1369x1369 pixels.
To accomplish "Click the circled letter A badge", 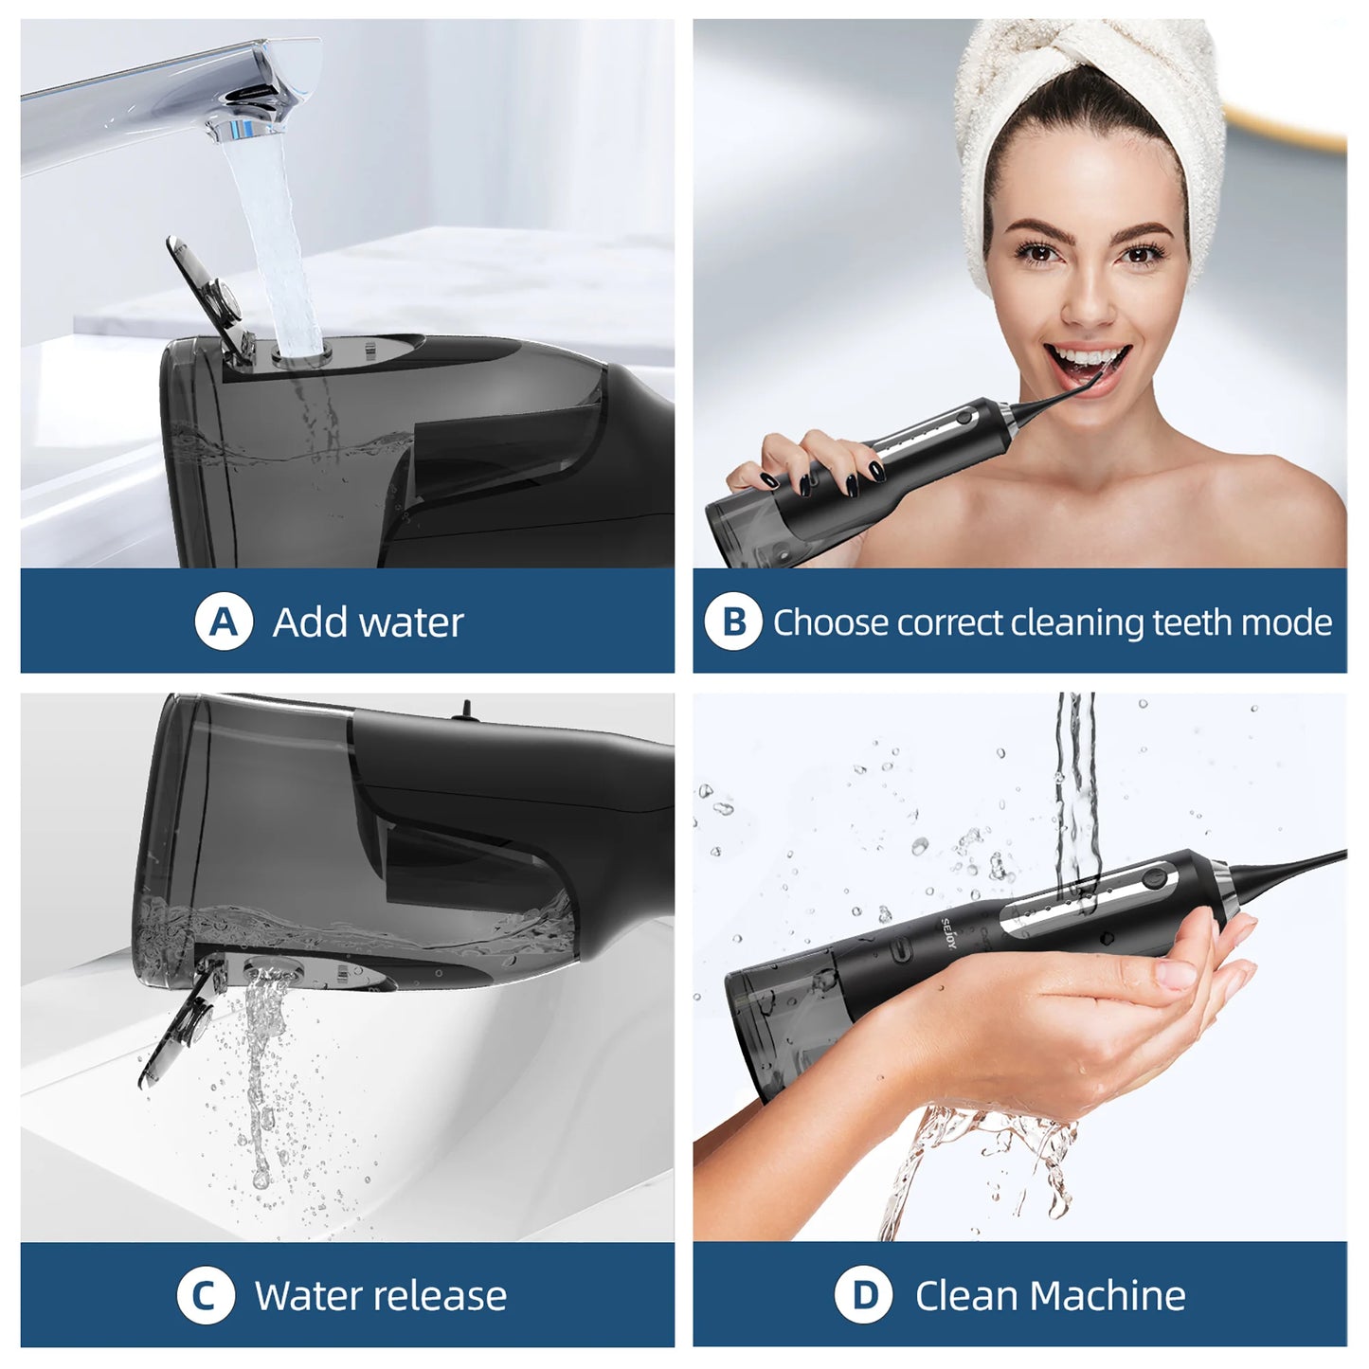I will tap(224, 622).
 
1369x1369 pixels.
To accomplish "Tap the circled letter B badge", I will tap(732, 622).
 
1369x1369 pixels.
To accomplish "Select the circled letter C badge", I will tap(206, 1295).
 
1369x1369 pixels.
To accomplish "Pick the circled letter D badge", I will tap(863, 1295).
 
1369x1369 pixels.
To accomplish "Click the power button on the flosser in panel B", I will tap(964, 415).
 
